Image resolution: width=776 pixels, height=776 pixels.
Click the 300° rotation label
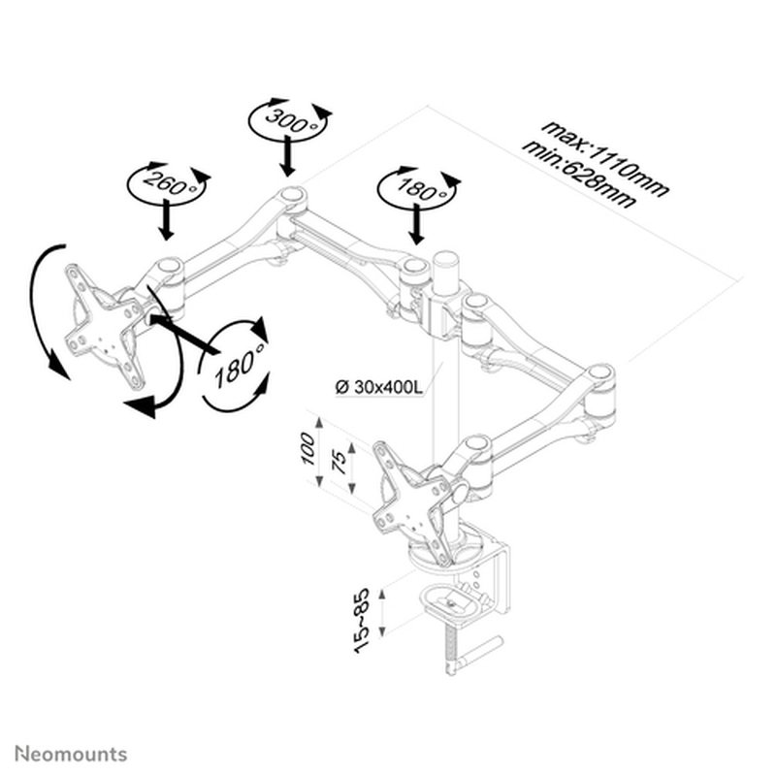pos(291,120)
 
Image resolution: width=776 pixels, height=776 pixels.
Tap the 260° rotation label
pos(167,180)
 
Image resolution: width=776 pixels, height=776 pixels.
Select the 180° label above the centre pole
pos(417,188)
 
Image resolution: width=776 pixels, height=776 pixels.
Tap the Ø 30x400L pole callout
pos(379,388)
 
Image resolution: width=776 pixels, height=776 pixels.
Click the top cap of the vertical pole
pos(445,260)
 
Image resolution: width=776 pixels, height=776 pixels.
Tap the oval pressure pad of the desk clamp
pos(456,601)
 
